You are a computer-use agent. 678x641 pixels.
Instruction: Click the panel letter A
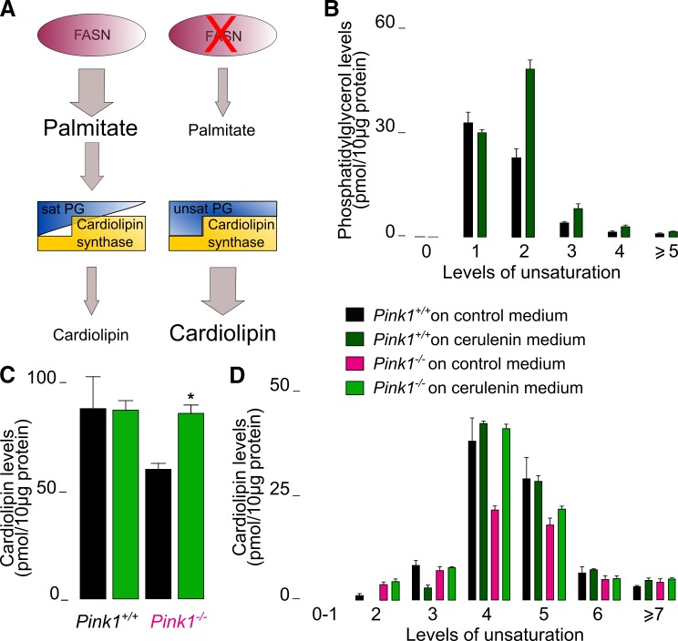tap(14, 14)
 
